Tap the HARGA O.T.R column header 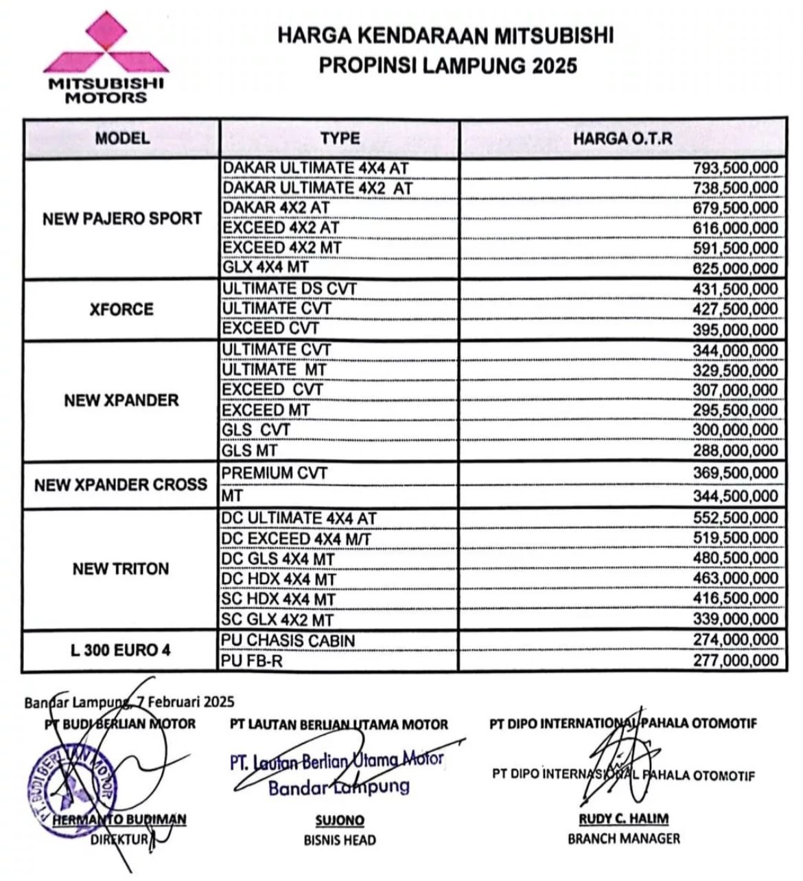click(x=622, y=139)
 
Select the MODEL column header click(x=122, y=138)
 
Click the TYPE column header click(x=340, y=139)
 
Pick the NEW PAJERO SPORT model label click(x=122, y=219)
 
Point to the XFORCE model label click(x=121, y=309)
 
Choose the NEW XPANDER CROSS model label click(x=121, y=485)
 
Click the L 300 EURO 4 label click(x=121, y=650)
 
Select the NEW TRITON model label click(x=121, y=569)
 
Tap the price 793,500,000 click(x=735, y=168)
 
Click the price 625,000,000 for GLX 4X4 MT click(x=735, y=268)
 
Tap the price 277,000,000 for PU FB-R click(x=735, y=661)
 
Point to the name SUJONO click(x=340, y=821)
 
